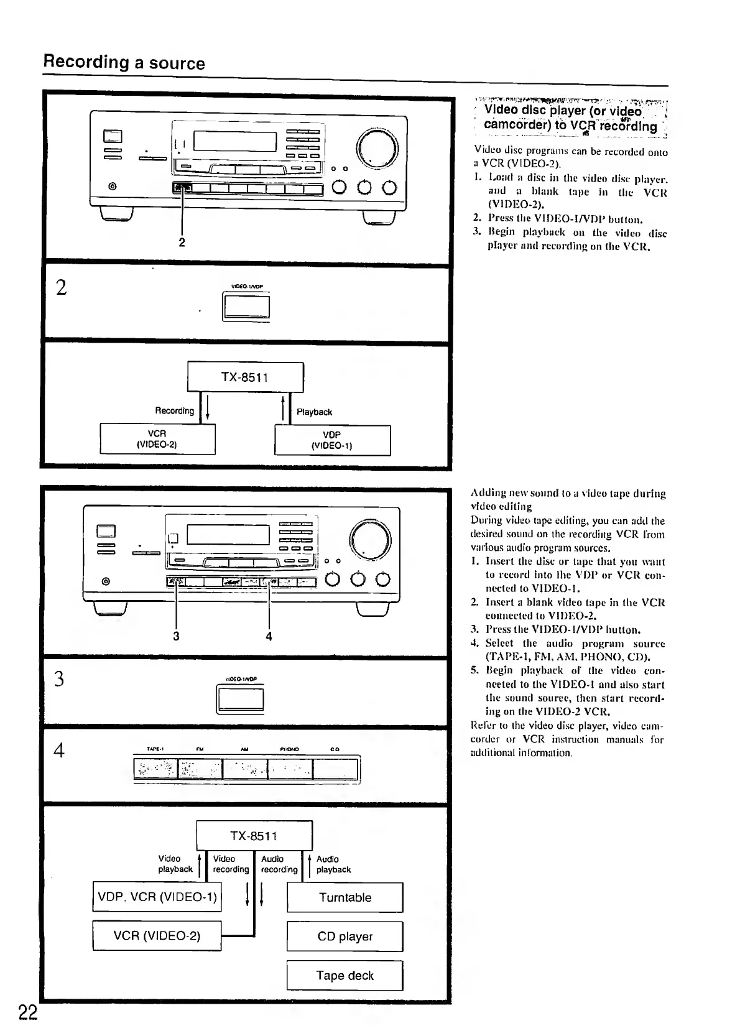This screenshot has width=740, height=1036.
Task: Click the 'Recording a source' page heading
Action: pyautogui.click(x=124, y=63)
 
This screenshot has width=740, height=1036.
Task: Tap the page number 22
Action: pyautogui.click(x=27, y=1013)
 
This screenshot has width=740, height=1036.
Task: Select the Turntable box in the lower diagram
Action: pyautogui.click(x=345, y=897)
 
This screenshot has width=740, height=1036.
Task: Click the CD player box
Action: pyautogui.click(x=345, y=937)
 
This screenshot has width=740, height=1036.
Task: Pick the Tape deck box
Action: pyautogui.click(x=345, y=976)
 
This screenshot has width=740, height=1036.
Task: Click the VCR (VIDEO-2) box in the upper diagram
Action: pyautogui.click(x=157, y=439)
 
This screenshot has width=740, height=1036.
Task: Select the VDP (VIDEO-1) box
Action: pyautogui.click(x=332, y=440)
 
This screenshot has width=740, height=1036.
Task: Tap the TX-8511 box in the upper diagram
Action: pyautogui.click(x=245, y=377)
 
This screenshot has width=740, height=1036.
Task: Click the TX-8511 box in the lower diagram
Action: pyautogui.click(x=254, y=836)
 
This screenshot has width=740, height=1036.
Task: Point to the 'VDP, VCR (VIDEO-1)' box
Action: pyautogui.click(x=157, y=897)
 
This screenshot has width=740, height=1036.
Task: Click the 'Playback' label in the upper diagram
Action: pyautogui.click(x=314, y=412)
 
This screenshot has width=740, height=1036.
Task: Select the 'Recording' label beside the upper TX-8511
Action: pyautogui.click(x=174, y=411)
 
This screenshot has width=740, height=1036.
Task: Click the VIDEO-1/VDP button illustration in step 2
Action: pyautogui.click(x=246, y=308)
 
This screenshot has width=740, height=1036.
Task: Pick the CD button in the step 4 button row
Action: pyautogui.click(x=335, y=769)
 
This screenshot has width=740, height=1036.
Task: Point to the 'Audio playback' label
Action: pyautogui.click(x=333, y=864)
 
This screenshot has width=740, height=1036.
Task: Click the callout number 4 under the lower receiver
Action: pyautogui.click(x=269, y=636)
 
